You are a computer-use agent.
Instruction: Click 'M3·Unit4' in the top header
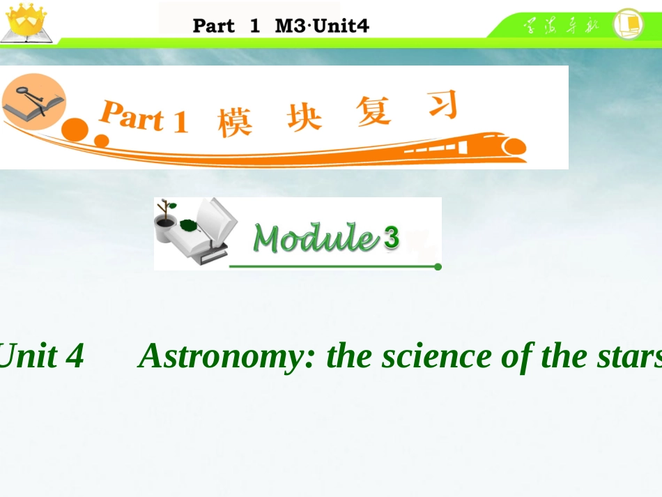click(322, 26)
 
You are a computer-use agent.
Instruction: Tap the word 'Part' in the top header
click(214, 26)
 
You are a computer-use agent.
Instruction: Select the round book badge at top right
click(628, 23)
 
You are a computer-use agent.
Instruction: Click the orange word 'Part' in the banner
click(132, 117)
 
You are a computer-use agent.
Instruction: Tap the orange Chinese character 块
click(305, 116)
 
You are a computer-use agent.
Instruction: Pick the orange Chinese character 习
click(441, 106)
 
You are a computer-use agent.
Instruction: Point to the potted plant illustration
click(166, 222)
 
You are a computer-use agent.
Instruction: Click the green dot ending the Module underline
click(438, 266)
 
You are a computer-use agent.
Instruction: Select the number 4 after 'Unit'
click(75, 356)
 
